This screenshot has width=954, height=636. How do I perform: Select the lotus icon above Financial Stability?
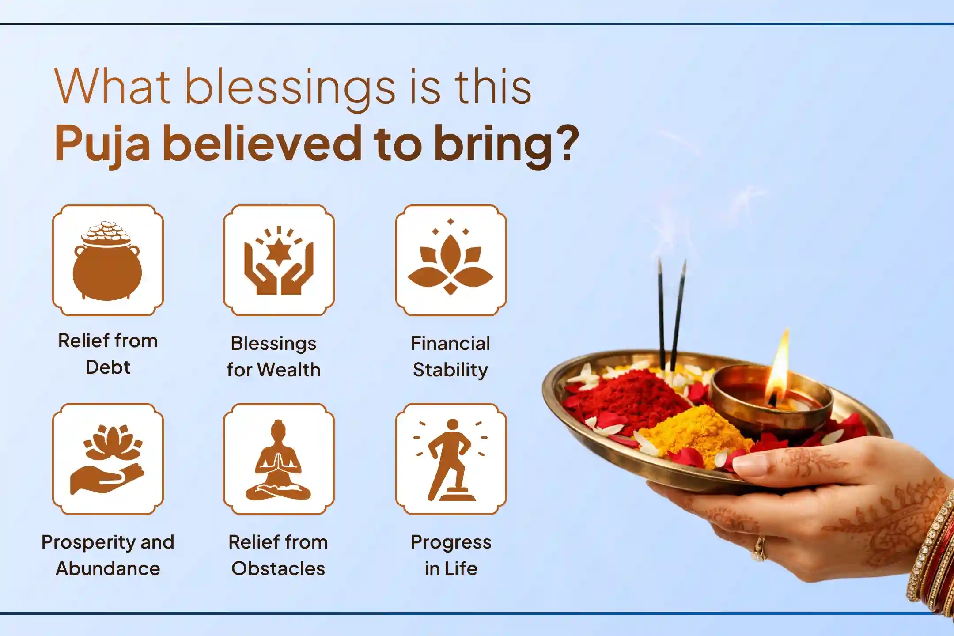[x=450, y=261]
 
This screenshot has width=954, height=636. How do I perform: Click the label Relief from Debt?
[x=108, y=354]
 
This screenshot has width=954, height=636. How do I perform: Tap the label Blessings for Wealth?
[x=273, y=356]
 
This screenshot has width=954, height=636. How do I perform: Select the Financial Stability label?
[x=450, y=356]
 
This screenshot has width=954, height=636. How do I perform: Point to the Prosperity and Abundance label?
[x=108, y=555]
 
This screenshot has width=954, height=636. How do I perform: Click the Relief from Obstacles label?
[x=278, y=555]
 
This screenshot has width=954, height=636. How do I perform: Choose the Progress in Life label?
[x=451, y=555]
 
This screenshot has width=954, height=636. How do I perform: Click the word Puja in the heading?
[x=102, y=144]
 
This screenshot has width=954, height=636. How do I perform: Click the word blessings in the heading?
[x=290, y=88]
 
